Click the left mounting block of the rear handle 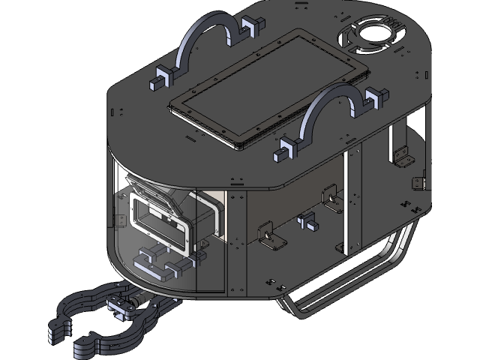coord(160,79)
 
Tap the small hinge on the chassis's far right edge coord(418,183)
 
